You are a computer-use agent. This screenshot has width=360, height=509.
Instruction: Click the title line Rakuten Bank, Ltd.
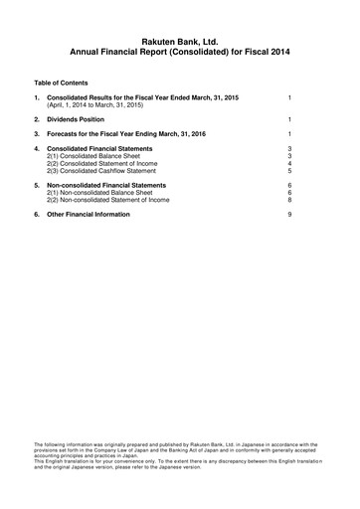tap(179, 37)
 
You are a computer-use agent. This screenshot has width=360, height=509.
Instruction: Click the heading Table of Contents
tap(61, 82)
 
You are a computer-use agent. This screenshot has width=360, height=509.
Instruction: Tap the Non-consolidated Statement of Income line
tap(116, 202)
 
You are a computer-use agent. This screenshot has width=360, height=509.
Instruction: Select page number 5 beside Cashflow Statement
tap(287, 171)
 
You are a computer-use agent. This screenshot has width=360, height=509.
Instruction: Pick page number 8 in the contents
tap(287, 202)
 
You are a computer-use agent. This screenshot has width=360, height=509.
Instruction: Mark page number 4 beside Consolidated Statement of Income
tap(287, 163)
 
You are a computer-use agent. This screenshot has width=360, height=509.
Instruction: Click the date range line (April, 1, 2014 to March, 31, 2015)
tap(110, 103)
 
